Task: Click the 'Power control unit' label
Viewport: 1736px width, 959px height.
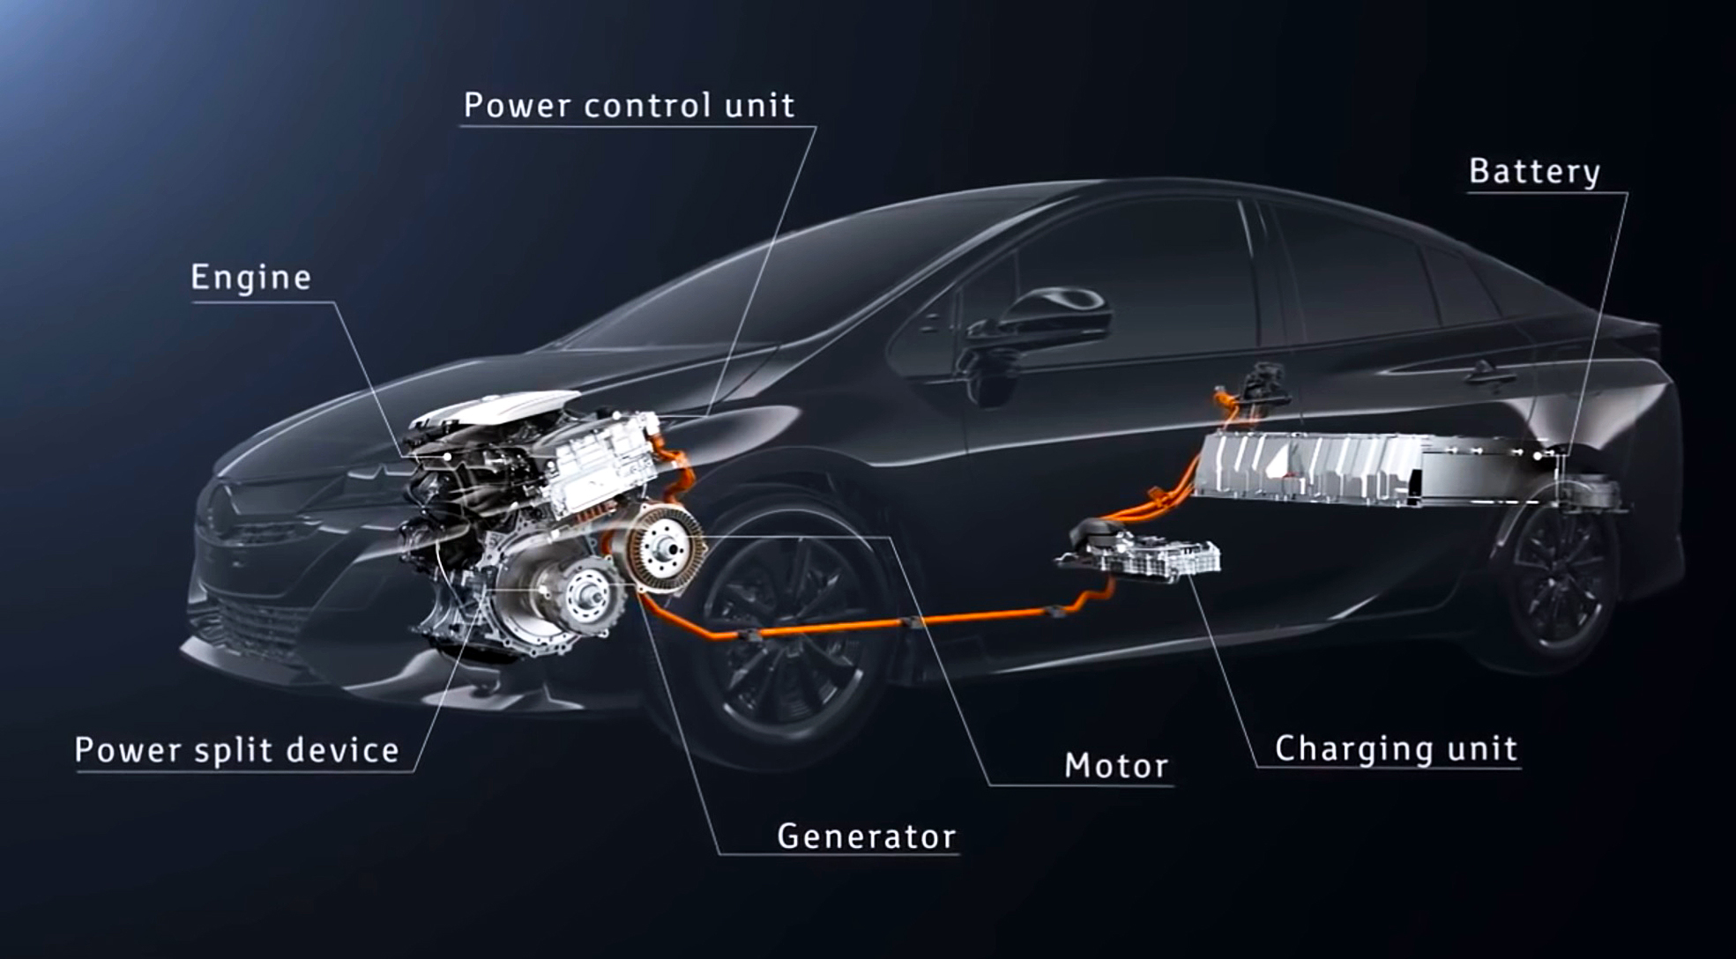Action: (630, 106)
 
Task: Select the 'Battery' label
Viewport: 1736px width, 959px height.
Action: (1534, 172)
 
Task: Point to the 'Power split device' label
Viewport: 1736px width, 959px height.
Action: (237, 750)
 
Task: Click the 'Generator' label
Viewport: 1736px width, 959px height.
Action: (866, 836)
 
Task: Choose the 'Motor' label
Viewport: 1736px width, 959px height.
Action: (1116, 765)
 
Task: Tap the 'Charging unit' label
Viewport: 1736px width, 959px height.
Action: (1397, 748)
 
